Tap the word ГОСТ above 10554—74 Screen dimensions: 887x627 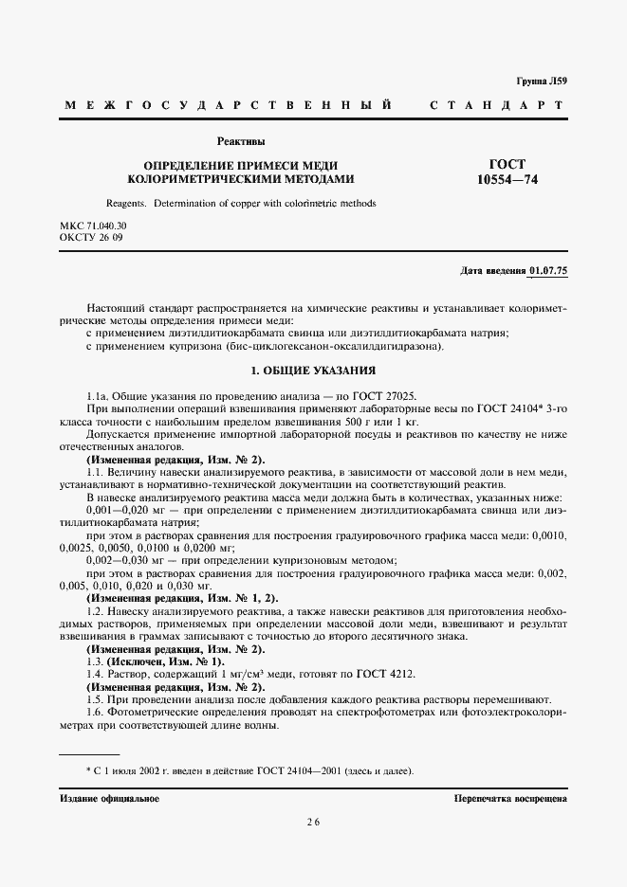(x=507, y=164)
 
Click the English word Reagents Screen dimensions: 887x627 (x=126, y=203)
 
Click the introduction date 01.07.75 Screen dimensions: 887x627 (x=548, y=272)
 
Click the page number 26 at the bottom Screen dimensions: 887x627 (x=312, y=823)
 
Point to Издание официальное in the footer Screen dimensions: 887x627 (x=109, y=799)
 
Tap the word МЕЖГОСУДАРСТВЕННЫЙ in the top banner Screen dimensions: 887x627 (x=228, y=104)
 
